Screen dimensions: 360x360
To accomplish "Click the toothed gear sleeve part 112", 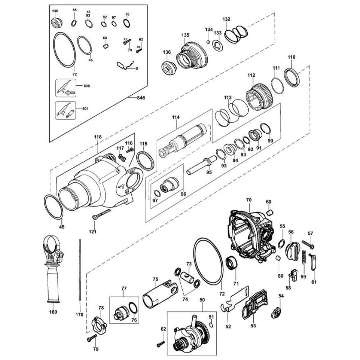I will coord(260,97).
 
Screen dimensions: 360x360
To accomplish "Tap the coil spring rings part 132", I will coord(236,34).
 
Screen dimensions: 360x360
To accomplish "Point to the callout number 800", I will coord(86,86).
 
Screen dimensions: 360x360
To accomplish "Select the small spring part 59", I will coord(303,258).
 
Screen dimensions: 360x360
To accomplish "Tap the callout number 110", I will coord(291,57).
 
